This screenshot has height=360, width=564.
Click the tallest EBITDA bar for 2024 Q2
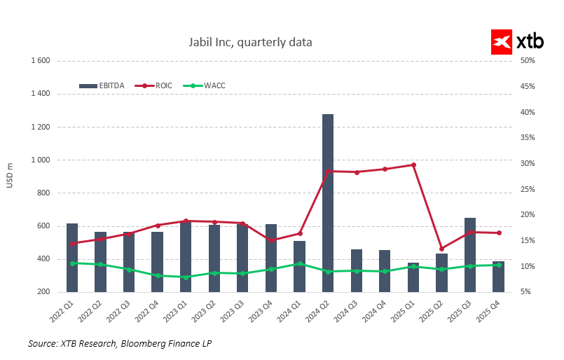[327, 203]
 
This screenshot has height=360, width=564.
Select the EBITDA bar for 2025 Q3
[469, 255]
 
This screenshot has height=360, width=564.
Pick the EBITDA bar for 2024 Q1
[299, 267]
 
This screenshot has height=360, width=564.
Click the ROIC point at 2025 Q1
[413, 165]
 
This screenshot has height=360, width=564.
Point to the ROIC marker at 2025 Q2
[441, 249]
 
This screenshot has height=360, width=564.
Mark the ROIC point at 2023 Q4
[271, 240]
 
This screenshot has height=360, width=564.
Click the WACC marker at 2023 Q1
[186, 277]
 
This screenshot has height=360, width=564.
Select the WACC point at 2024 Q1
[299, 263]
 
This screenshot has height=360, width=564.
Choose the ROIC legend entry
[153, 85]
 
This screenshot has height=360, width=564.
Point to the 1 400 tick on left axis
[39, 93]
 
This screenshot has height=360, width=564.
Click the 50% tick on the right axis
[528, 60]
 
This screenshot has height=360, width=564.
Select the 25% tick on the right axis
[528, 189]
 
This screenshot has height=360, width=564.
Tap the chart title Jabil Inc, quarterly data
[250, 43]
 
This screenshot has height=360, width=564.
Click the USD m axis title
[9, 175]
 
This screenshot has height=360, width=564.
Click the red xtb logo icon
[502, 41]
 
